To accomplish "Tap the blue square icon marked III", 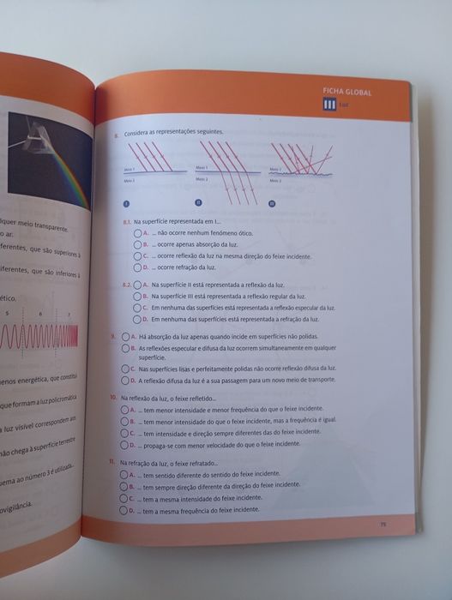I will click(x=328, y=105).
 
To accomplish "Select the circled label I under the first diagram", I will click(x=126, y=204).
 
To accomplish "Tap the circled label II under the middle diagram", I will click(x=198, y=204).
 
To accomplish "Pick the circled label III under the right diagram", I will click(x=272, y=204).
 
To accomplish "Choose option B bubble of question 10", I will click(x=124, y=422).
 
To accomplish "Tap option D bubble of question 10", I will click(x=124, y=445).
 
